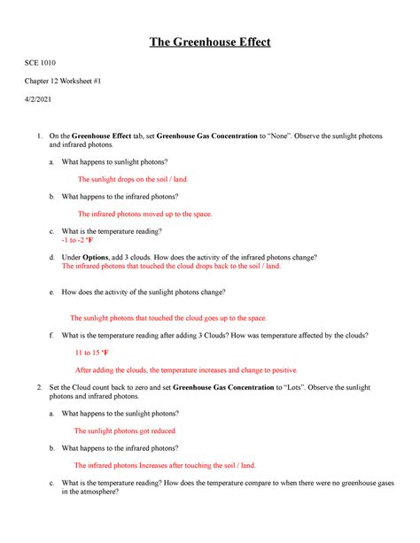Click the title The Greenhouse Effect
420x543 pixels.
[209, 42]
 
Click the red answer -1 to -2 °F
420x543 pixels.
[77, 240]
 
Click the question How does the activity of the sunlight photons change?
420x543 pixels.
[143, 291]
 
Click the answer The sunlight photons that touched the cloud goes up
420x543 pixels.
[167, 317]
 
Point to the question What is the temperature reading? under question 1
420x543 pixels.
[111, 231]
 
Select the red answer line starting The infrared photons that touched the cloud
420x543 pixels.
[171, 266]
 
